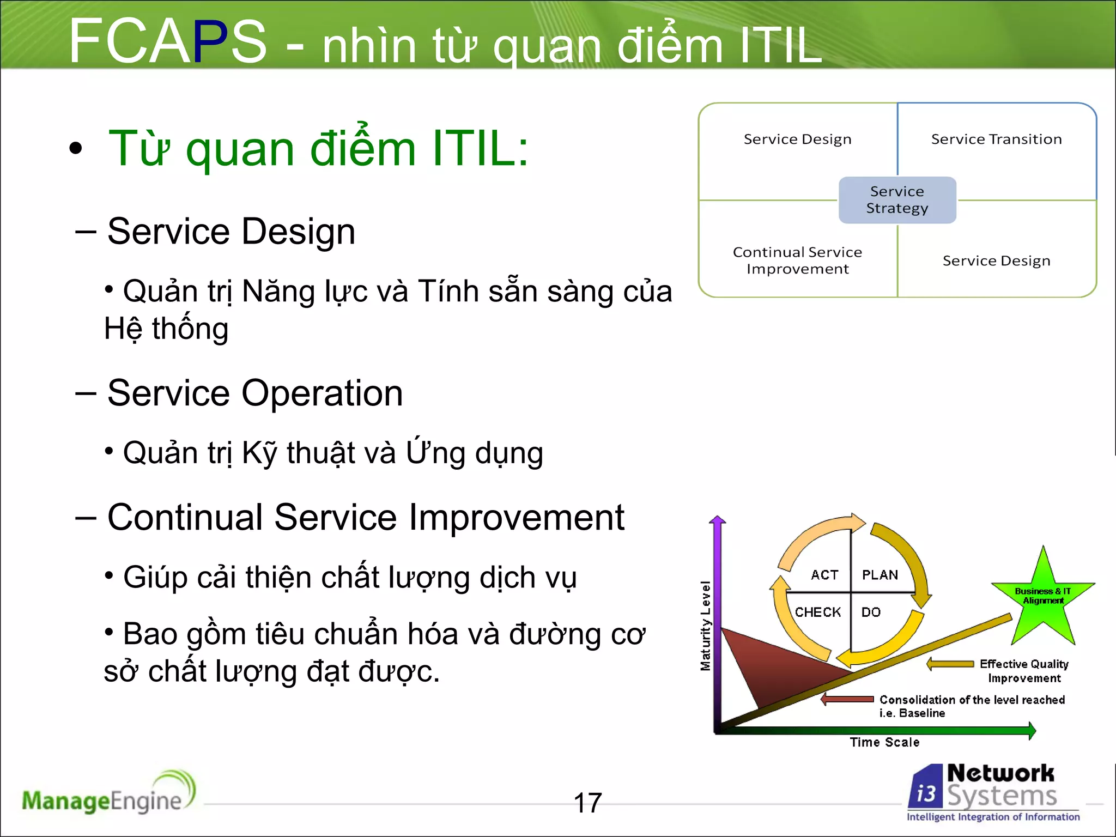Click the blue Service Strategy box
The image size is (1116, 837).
click(897, 200)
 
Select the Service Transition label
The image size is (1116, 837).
click(996, 139)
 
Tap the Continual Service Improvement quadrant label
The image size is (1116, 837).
click(797, 260)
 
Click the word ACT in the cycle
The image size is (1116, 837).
click(824, 575)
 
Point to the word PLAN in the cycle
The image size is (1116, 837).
click(880, 575)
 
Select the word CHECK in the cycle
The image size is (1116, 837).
click(817, 612)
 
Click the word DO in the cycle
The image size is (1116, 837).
click(871, 612)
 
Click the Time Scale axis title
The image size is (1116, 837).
click(884, 742)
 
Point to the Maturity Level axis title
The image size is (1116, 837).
click(706, 626)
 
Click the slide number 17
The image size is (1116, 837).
click(587, 803)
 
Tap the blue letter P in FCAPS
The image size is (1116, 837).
click(209, 41)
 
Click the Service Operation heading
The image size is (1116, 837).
click(255, 393)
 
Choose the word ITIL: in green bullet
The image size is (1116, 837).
click(480, 148)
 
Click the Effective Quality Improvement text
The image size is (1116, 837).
click(1023, 671)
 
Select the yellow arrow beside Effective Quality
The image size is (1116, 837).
click(950, 664)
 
